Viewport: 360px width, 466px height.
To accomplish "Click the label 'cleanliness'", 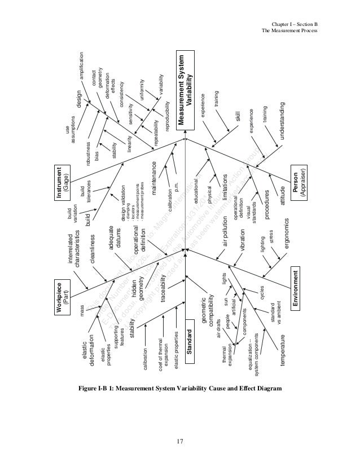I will click(x=91, y=248).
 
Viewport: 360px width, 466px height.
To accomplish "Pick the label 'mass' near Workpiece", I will click(x=82, y=327).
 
